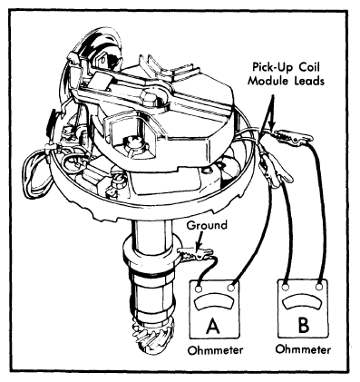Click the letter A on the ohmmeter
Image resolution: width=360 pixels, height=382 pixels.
coord(213,326)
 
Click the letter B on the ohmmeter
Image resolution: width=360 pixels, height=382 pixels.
coord(303,325)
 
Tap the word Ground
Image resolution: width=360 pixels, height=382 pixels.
coord(207,226)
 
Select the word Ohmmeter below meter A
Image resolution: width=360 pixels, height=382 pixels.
coord(215,350)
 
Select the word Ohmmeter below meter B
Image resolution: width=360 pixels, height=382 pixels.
coord(303,349)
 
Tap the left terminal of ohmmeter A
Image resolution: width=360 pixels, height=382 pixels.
coord(199,289)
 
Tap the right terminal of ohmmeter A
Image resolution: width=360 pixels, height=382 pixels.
coord(231,288)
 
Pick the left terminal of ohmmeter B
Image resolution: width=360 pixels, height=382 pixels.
coord(285,287)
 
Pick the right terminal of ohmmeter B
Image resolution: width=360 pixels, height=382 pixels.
coord(319,286)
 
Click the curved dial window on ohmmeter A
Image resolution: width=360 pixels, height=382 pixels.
coord(215,303)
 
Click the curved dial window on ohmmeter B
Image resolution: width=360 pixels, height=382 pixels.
coord(302,302)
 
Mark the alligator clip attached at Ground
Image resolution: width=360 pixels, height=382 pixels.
coord(196,253)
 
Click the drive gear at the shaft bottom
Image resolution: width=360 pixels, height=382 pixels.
coord(151,337)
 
